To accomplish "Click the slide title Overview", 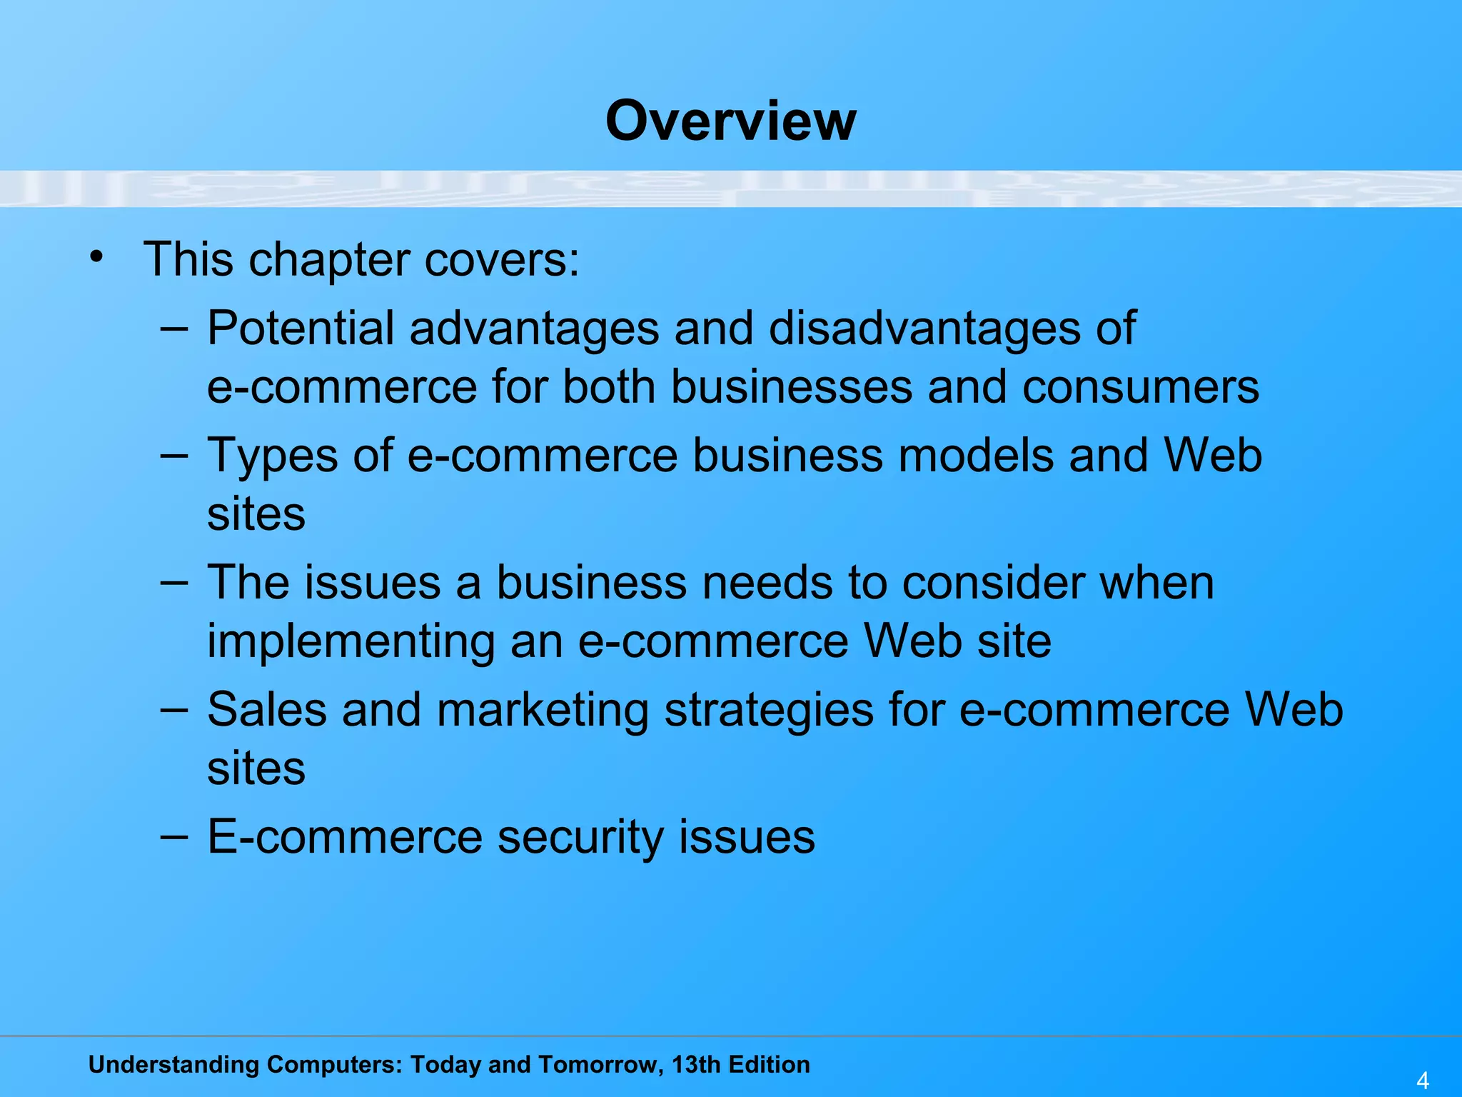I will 730,121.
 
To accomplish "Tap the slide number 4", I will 1423,1081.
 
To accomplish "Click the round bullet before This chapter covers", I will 97,256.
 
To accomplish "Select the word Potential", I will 301,329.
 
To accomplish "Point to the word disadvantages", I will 924,328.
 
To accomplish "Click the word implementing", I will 351,641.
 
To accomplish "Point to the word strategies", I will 769,711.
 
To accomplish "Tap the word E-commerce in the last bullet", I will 345,837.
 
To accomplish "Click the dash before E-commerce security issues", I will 174,836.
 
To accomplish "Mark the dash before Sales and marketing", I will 174,709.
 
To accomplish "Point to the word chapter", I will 329,260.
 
